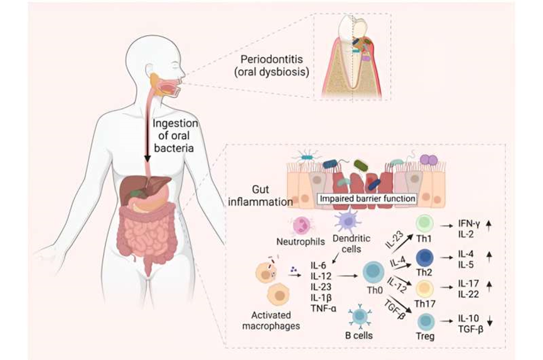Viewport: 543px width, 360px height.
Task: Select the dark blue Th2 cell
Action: pos(426,258)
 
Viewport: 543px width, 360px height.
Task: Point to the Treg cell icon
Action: pos(425,322)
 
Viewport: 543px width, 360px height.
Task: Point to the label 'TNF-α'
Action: pos(325,307)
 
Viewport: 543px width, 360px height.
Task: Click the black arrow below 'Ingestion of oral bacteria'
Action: pos(148,141)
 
